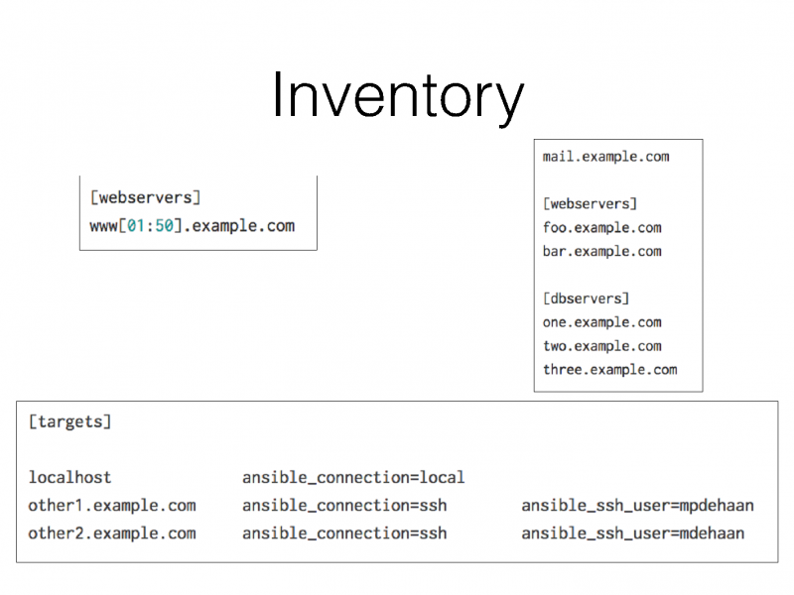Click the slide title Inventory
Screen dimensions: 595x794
click(397, 97)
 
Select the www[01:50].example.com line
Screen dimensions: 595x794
click(192, 225)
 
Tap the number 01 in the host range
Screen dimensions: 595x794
click(135, 225)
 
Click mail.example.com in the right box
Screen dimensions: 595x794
click(605, 156)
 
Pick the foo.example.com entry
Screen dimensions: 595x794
click(601, 227)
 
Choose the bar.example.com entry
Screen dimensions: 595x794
click(601, 251)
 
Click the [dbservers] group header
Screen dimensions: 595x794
click(586, 297)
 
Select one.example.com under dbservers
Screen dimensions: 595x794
click(601, 322)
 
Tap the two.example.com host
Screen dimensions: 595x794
click(601, 346)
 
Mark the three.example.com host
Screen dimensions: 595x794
click(609, 370)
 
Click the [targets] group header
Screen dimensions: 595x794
click(69, 421)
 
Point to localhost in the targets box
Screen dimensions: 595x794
click(69, 478)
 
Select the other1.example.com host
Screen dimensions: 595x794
click(112, 506)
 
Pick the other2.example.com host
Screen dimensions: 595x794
click(112, 534)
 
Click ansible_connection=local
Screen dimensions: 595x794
click(353, 478)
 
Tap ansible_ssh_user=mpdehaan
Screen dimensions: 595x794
click(637, 506)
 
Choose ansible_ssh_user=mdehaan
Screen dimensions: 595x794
click(632, 534)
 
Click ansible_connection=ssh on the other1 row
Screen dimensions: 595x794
click(344, 506)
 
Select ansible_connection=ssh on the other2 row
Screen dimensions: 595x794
click(344, 534)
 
